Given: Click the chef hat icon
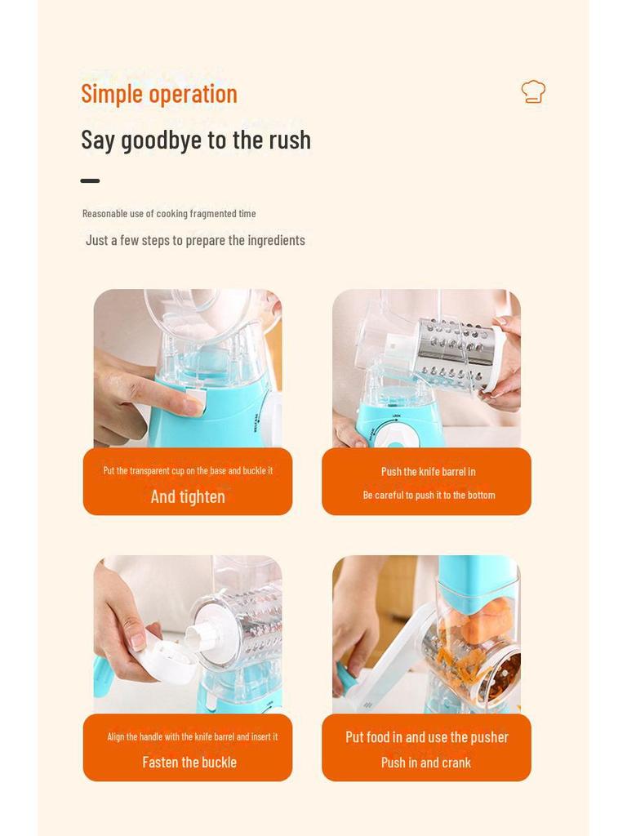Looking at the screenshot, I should point(533,91).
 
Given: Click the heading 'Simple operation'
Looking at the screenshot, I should point(159,94).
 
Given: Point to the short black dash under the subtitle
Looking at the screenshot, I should point(90,180).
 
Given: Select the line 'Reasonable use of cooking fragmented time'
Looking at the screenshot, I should point(169,213).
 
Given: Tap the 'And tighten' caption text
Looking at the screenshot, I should point(188,496).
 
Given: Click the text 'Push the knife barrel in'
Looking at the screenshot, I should point(428,472).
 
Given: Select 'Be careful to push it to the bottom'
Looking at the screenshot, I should point(429,495).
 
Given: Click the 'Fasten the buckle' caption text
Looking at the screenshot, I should point(189,763).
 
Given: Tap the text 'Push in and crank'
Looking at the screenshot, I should point(425,763).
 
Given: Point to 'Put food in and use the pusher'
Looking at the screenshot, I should point(426,737).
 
